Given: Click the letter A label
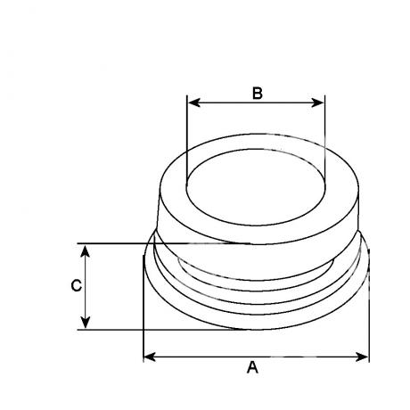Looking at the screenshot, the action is pos(252,367).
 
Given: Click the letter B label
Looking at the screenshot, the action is pos(258,93).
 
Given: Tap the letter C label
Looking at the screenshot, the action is pos(77,285).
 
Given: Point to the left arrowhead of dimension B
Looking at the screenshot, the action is pos(194,102).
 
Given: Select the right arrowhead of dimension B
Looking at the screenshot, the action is pos(317,102).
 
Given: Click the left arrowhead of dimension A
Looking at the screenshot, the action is pos(150,357).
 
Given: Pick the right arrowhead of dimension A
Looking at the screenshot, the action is pos(362,357).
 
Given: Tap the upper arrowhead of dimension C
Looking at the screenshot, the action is pos(86,251).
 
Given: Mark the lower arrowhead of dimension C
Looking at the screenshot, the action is pos(86,322).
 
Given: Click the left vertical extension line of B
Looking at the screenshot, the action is pos(187,141).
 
